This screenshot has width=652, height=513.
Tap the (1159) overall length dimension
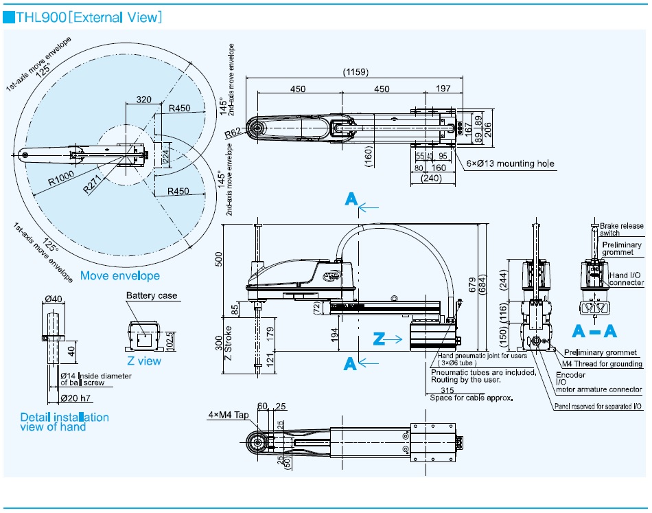coord(357,71)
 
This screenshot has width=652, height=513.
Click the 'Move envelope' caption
coord(120,276)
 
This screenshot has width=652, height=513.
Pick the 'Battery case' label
coord(152,296)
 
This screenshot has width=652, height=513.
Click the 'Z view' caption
coord(144,361)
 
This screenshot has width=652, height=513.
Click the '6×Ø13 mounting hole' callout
coord(511,164)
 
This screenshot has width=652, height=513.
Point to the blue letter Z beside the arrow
coord(378,339)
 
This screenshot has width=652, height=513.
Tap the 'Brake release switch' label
coord(622,229)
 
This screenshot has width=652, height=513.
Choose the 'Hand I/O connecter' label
coord(626,279)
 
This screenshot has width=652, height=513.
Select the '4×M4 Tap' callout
coord(227,415)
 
